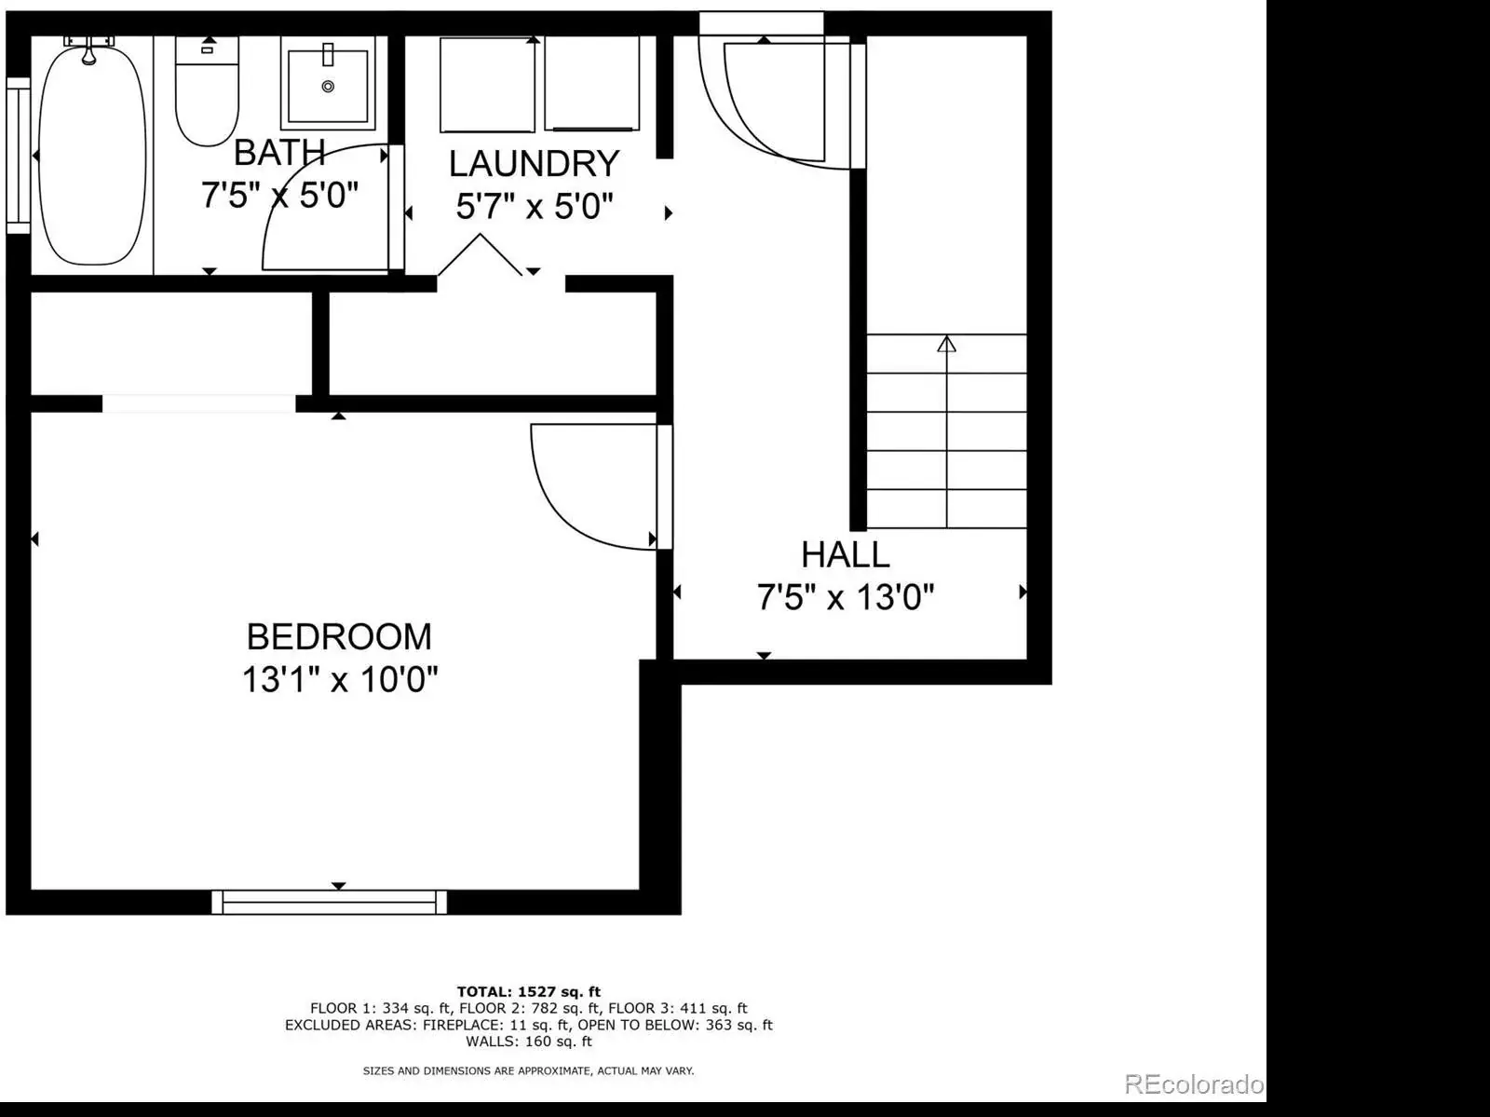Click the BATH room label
(x=279, y=153)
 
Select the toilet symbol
(x=207, y=91)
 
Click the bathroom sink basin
(x=328, y=86)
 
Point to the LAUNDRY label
(x=535, y=164)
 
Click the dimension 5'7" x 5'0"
(x=535, y=206)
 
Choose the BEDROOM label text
(x=339, y=637)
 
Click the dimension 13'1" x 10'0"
(x=340, y=679)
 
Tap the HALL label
(x=846, y=554)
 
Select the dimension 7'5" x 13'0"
(x=846, y=597)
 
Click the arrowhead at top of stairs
(x=947, y=344)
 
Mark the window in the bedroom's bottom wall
(x=330, y=903)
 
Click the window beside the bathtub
(x=19, y=156)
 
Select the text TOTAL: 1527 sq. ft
(x=529, y=992)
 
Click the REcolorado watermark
(x=1194, y=1084)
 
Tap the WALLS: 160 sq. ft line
(x=529, y=1042)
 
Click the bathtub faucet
(x=88, y=49)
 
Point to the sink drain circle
(x=328, y=87)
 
